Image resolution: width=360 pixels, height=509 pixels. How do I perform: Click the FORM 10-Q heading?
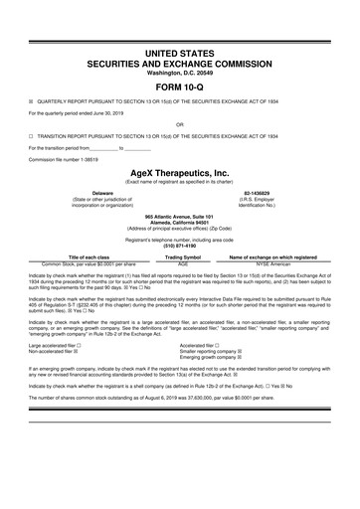(x=179, y=83)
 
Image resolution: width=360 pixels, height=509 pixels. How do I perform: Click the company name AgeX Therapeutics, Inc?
(x=179, y=171)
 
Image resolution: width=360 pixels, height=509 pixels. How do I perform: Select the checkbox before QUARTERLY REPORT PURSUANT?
(x=31, y=100)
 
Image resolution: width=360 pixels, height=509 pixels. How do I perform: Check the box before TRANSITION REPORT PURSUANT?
(x=31, y=137)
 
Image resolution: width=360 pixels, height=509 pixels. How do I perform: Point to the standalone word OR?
(x=179, y=124)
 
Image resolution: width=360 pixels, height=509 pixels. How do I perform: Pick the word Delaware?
(x=101, y=192)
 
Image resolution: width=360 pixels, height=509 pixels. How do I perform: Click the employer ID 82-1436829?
(x=258, y=192)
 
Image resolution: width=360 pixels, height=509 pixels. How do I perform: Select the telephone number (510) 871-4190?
(x=179, y=243)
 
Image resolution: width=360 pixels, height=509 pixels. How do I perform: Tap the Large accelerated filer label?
(x=56, y=345)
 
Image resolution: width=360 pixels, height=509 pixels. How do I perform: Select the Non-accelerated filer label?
(x=53, y=352)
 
